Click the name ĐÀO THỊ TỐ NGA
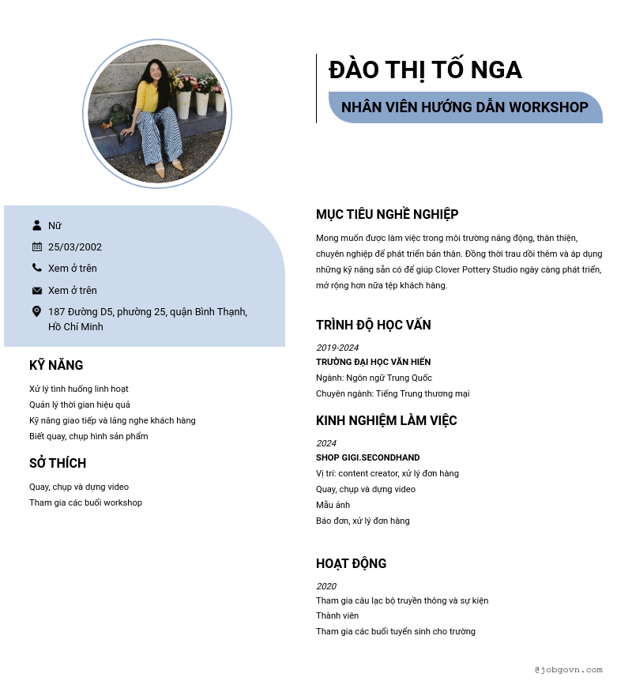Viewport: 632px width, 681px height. (425, 70)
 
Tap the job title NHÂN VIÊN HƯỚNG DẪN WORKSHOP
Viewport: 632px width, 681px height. (465, 107)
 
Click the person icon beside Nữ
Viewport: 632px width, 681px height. (37, 225)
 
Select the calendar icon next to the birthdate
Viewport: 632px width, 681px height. (37, 246)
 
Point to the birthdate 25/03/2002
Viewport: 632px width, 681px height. (75, 247)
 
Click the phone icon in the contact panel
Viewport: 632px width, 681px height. (37, 268)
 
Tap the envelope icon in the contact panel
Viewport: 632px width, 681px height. (37, 290)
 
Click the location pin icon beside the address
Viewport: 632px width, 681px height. (36, 311)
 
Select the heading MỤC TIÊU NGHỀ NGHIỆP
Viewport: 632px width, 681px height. (387, 214)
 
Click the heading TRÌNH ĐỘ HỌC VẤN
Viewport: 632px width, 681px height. (374, 325)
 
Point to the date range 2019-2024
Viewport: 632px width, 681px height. (337, 348)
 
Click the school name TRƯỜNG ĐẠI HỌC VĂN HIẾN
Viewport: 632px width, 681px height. (374, 362)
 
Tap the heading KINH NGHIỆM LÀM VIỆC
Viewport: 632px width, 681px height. (386, 420)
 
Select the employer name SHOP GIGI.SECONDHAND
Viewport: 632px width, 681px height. (368, 457)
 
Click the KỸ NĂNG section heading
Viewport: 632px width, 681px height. (56, 365)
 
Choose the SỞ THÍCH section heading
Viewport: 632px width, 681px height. (58, 463)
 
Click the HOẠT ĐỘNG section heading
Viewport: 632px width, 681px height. (352, 563)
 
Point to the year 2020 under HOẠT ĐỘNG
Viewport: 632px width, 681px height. (326, 586)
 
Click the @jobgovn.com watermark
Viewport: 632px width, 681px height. (568, 669)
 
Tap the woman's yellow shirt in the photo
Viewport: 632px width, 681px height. (147, 96)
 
